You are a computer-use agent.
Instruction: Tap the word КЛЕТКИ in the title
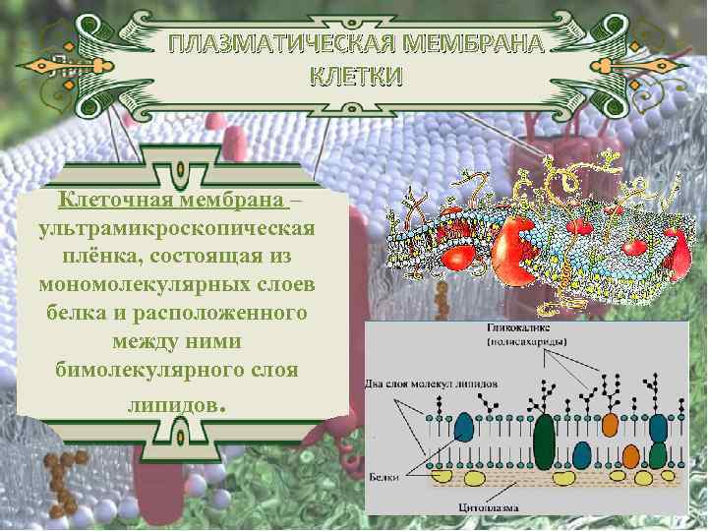(x=356, y=77)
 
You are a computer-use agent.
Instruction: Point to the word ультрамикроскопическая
(x=178, y=228)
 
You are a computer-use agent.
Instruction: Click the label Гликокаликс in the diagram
(x=522, y=328)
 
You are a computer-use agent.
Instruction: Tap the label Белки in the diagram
(x=383, y=476)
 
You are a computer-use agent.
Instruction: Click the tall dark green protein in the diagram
(x=543, y=442)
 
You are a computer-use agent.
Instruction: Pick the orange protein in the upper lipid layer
(x=610, y=425)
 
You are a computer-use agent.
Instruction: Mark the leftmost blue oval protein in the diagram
(x=464, y=426)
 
